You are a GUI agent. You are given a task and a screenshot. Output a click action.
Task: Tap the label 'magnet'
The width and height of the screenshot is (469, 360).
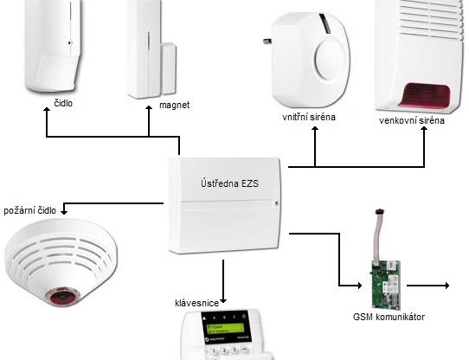click(x=174, y=106)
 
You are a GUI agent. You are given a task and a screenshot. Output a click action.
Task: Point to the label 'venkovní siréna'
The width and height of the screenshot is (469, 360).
click(x=413, y=120)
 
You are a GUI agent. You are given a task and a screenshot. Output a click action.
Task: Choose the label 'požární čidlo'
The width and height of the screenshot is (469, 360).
click(x=30, y=210)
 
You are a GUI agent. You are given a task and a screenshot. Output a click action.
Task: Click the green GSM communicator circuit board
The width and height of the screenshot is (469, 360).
click(x=383, y=278)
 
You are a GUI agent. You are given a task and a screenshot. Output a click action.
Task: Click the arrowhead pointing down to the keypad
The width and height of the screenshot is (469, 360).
click(x=223, y=296)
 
